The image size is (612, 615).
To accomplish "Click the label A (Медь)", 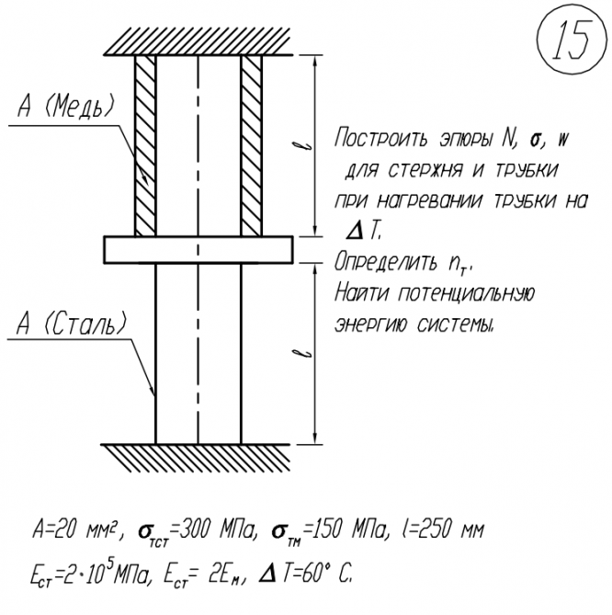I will pos(66,108).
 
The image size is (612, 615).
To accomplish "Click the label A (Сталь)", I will pos(71,325).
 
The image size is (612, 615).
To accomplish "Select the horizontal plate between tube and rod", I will pos(198,249).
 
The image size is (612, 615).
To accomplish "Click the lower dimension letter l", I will pos(314,351).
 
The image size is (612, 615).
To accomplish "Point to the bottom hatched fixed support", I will pos(198,453).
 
